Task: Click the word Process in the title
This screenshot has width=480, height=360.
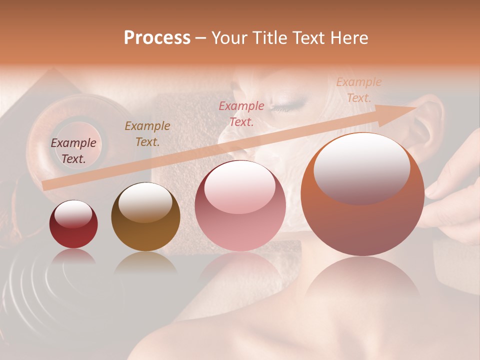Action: [157, 38]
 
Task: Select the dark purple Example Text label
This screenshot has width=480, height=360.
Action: [73, 151]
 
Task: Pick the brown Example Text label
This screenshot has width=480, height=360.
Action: [147, 134]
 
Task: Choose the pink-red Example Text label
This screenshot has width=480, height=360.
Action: [241, 113]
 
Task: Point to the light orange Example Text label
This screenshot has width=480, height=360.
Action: [358, 90]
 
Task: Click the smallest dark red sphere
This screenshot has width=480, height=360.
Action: [73, 230]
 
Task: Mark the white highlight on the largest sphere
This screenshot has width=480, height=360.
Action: [361, 167]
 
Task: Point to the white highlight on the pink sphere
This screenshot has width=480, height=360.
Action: [240, 187]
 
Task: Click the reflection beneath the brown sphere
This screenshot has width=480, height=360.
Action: [145, 262]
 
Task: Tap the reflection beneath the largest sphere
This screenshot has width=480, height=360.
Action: [362, 280]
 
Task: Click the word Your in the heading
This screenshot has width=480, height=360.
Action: [229, 38]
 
